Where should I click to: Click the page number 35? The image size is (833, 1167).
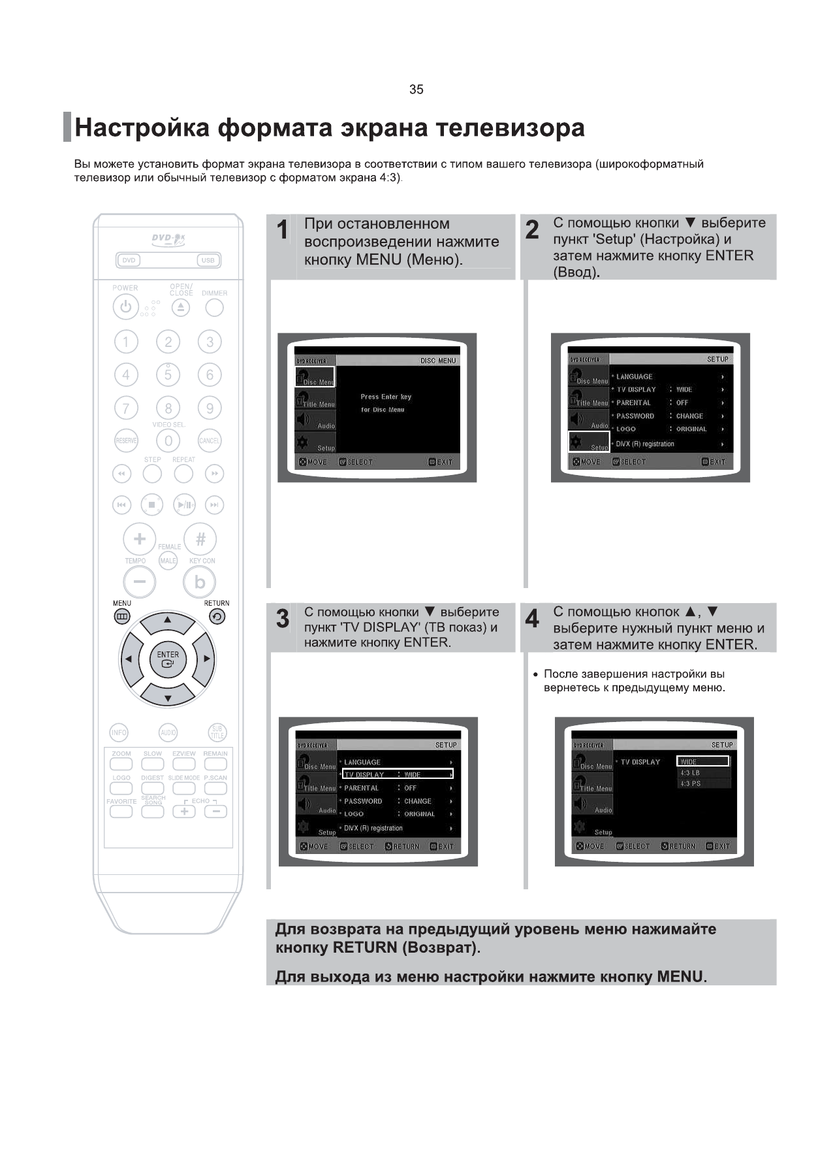pos(416,90)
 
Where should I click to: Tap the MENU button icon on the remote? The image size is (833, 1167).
pos(122,616)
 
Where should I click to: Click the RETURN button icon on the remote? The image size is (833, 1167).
pos(217,616)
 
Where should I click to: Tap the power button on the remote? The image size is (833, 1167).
pos(125,306)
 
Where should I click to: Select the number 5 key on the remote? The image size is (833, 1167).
pos(168,374)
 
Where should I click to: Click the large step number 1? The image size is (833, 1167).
pos(282,230)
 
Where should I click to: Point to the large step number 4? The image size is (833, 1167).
pos(532,618)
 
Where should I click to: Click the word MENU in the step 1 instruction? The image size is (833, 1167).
pos(379,259)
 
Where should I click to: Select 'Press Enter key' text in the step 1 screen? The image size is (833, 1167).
pos(386,397)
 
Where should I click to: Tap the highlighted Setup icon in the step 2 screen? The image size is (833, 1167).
pos(589,442)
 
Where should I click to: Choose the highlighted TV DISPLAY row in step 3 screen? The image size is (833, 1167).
pos(397,774)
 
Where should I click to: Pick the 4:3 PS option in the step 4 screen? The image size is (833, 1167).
pos(690,783)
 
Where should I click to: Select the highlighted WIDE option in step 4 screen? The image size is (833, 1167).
pos(702,761)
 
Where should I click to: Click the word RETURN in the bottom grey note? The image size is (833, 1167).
pos(364,947)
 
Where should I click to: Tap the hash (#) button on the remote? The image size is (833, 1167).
pos(200,539)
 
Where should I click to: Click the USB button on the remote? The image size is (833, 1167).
pos(208,260)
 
